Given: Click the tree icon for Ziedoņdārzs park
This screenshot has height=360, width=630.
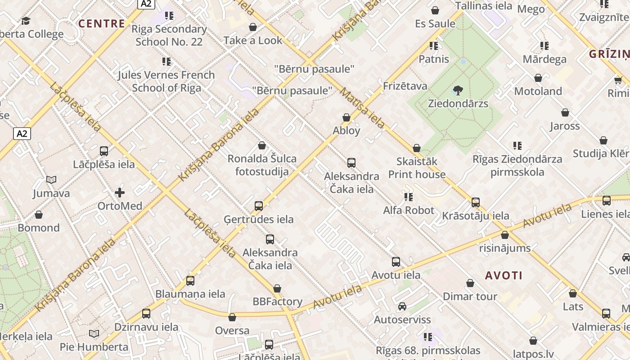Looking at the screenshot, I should (458, 90).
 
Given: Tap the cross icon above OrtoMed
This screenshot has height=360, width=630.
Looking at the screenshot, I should (120, 193).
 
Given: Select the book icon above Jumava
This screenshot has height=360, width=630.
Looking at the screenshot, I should (51, 180).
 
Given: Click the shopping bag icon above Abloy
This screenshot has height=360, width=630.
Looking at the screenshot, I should (346, 117).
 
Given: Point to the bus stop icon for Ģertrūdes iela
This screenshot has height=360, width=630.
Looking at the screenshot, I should (259, 206).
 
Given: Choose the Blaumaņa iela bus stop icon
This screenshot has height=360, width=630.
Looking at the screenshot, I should (190, 281).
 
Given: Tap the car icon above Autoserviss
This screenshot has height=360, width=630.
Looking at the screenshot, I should (402, 306).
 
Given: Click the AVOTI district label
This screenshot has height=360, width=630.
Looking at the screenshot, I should (504, 275).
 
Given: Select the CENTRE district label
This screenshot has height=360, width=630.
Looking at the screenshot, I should (102, 23).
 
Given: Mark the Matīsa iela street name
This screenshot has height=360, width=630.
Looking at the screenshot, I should (362, 108).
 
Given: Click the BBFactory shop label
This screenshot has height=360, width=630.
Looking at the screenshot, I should (277, 301).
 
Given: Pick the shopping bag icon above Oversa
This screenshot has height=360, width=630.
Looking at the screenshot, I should (232, 318).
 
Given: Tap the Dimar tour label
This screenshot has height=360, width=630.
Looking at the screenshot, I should (470, 296).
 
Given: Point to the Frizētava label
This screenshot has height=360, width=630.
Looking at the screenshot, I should (405, 86).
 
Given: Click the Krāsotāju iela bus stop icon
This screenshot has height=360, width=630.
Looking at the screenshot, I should (476, 202).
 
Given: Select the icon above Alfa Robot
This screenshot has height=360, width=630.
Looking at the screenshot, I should (409, 197).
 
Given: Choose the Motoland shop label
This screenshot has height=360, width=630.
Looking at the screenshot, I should (538, 91).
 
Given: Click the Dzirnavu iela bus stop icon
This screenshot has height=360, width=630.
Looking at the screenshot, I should (146, 314).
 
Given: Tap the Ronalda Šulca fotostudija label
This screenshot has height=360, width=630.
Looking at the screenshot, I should (262, 165).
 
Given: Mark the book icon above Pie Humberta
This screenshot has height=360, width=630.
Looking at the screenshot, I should (94, 333).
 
